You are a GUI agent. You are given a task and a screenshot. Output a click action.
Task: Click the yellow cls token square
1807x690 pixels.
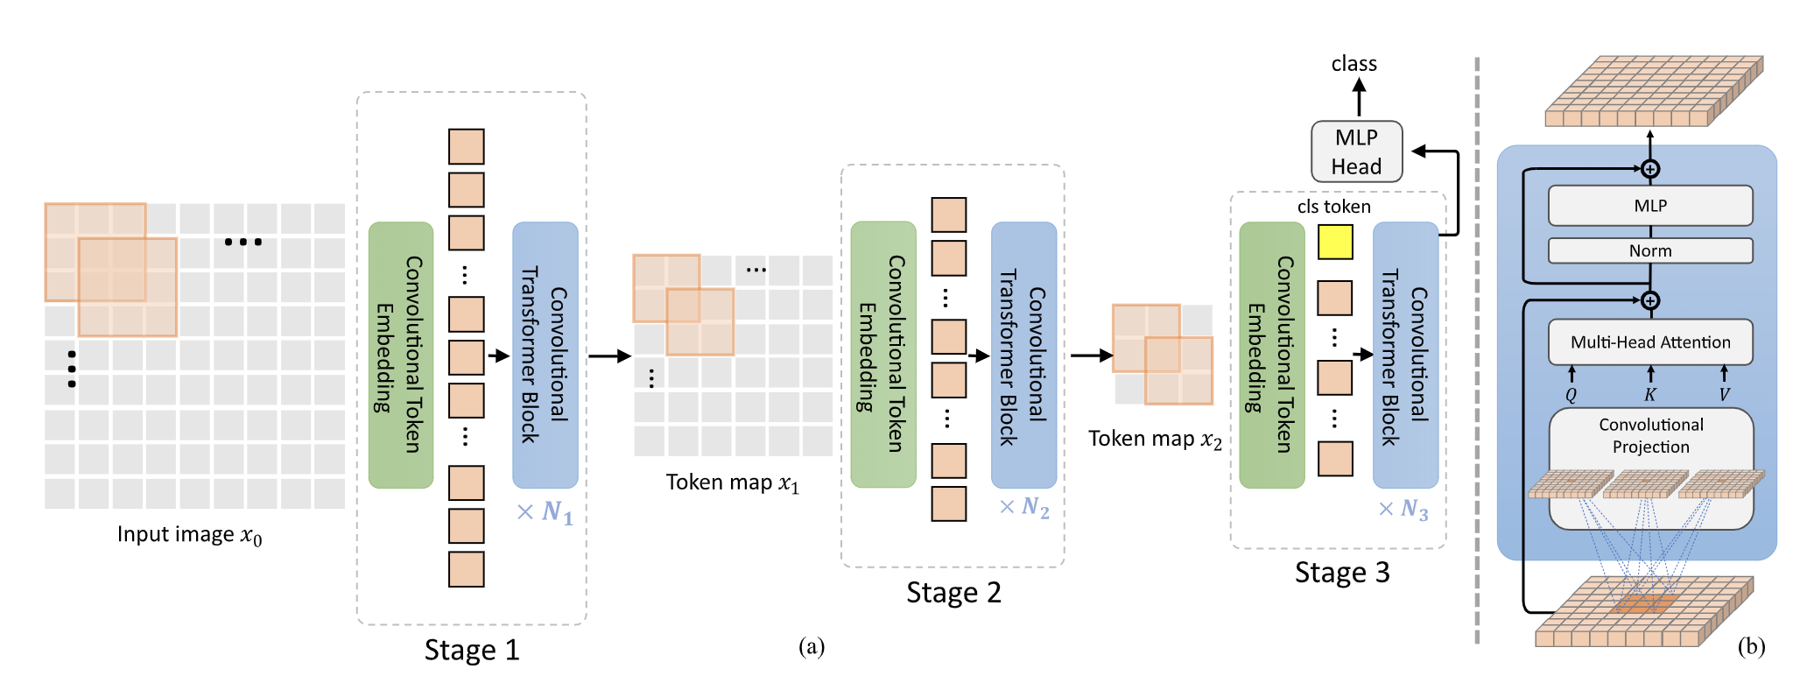point(1335,242)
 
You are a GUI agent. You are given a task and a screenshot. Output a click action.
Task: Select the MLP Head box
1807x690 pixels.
point(1356,151)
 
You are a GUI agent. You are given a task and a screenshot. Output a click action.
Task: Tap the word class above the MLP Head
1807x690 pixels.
point(1353,64)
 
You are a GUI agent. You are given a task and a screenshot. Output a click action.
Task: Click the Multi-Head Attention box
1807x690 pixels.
point(1650,342)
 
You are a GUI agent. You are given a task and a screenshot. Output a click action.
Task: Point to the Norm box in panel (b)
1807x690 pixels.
point(1650,250)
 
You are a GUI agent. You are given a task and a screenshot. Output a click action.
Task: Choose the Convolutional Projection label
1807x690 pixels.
point(1650,435)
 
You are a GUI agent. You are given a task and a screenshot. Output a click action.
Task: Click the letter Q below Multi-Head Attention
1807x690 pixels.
point(1571,395)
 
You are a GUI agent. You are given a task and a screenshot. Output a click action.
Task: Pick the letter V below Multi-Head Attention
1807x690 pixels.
point(1724,395)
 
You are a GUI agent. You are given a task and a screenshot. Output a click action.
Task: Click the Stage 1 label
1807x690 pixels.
point(472,650)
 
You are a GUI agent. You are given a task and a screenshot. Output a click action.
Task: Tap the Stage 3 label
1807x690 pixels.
point(1342,573)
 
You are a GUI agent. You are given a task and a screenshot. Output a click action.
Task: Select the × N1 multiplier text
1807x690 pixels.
point(545,512)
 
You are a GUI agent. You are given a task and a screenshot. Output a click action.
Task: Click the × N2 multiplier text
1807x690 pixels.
point(1024,508)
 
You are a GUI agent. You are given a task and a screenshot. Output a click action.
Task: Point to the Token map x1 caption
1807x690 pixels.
point(733,482)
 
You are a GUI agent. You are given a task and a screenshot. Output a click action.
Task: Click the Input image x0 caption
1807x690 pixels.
point(190,535)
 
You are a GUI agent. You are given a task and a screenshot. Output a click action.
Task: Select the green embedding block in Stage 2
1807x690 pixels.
point(883,355)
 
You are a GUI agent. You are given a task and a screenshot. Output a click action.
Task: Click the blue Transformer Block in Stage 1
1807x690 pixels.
point(545,355)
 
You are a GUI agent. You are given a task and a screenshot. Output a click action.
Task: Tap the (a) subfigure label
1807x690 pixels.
point(812,647)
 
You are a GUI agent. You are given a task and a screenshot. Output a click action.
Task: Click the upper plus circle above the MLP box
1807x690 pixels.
point(1650,169)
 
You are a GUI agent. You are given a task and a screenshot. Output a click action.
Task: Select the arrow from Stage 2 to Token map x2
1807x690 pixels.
point(1091,356)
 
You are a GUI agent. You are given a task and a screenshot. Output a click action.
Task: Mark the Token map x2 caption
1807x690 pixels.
point(1155,439)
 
